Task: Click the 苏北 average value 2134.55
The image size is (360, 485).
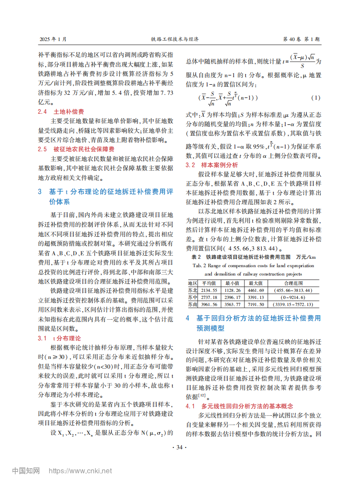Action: pyautogui.click(x=209, y=291)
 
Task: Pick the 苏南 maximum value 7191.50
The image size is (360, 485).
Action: pyautogui.click(x=256, y=305)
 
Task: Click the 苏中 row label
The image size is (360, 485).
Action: pyautogui.click(x=192, y=298)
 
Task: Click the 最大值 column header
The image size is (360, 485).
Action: pyautogui.click(x=256, y=284)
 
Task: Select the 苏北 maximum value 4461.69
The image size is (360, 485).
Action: pyautogui.click(x=256, y=291)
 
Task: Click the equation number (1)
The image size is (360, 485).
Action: pyautogui.click(x=316, y=97)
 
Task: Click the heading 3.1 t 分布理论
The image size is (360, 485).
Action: pyautogui.click(x=59, y=339)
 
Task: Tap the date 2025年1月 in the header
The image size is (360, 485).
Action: pyautogui.click(x=53, y=39)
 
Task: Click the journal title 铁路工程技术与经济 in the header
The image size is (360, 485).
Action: pyautogui.click(x=175, y=39)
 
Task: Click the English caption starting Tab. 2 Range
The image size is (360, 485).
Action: pyautogui.click(x=253, y=266)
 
